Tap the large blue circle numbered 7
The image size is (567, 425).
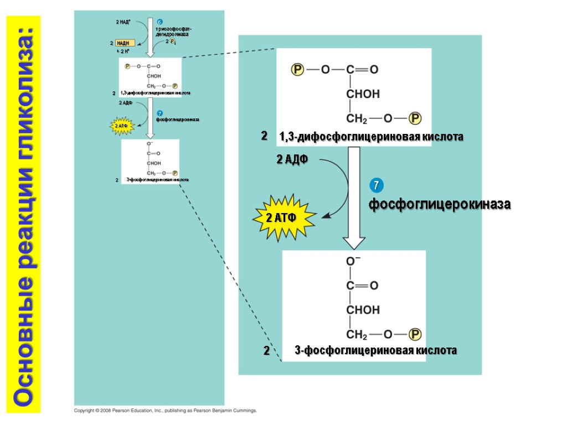(375, 185)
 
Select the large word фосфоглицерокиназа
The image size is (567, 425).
(440, 205)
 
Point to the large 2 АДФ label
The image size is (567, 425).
(292, 160)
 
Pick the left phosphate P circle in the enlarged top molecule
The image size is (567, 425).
(298, 70)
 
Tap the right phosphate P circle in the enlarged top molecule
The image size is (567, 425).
(415, 118)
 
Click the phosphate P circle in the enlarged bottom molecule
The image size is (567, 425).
(415, 334)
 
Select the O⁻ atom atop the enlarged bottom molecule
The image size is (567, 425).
(353, 261)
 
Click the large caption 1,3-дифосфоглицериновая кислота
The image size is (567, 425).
(371, 136)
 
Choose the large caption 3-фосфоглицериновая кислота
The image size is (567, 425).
(375, 350)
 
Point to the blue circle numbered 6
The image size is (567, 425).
(159, 21)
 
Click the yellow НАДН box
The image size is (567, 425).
(125, 43)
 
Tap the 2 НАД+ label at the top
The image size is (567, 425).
(123, 22)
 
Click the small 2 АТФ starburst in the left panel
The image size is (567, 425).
(121, 126)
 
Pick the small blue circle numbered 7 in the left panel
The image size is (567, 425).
(159, 113)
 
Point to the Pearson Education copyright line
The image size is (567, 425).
(166, 411)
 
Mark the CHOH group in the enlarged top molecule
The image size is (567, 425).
(363, 94)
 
